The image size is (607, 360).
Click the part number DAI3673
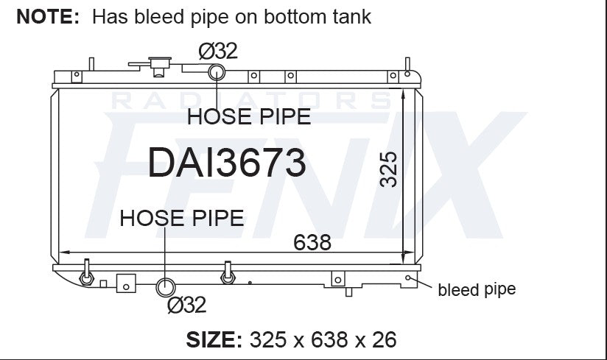pyautogui.click(x=227, y=163)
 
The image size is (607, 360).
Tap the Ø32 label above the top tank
pyautogui.click(x=218, y=51)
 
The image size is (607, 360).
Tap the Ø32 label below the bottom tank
pyautogui.click(x=186, y=305)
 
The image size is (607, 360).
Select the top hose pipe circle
pyautogui.click(x=217, y=72)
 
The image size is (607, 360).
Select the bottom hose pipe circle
pyautogui.click(x=165, y=287)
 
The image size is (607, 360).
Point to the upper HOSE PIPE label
pyautogui.click(x=249, y=117)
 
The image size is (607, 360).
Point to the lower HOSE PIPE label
pyautogui.click(x=182, y=218)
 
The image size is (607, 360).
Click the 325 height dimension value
pyautogui.click(x=388, y=170)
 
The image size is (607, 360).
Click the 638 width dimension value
pyautogui.click(x=312, y=242)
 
